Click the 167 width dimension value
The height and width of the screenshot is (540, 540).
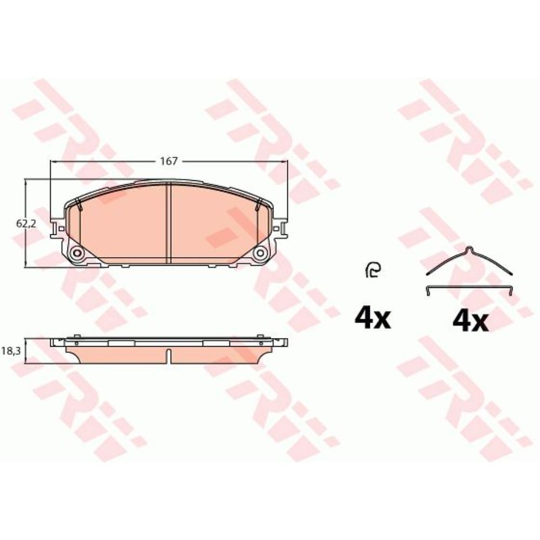[x=168, y=161]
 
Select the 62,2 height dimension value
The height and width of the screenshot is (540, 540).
[x=26, y=224]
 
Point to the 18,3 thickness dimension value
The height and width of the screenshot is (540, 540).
[x=11, y=351]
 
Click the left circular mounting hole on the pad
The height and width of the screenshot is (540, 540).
[x=77, y=253]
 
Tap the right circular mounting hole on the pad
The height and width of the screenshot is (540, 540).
[x=260, y=253]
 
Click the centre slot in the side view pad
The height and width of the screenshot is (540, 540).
[x=168, y=356]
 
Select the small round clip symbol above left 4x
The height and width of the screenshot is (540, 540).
[x=373, y=269]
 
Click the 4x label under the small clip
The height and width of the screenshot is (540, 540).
[x=373, y=319]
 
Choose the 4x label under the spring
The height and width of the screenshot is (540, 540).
[x=470, y=322]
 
